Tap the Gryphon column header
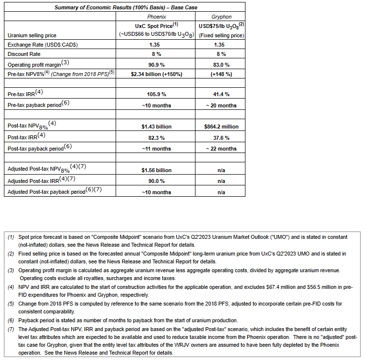tap(221, 16)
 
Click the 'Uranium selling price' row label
tap(31, 35)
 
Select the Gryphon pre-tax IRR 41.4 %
tap(221, 94)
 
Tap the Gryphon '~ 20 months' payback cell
tap(221, 105)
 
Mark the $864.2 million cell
tap(221, 127)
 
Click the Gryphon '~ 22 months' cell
tap(221, 149)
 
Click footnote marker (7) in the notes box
tap(11, 329)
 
